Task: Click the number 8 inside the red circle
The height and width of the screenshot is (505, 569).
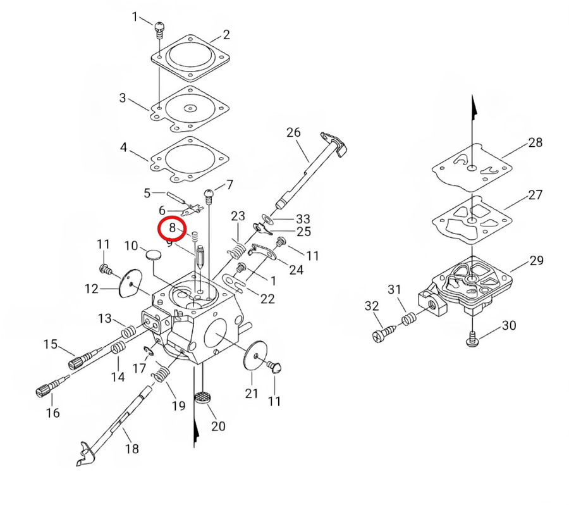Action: tap(173, 228)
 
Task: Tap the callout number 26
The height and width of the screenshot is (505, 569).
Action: tap(293, 132)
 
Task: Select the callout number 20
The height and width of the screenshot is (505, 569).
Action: tap(218, 426)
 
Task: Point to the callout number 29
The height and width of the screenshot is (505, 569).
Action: tap(536, 261)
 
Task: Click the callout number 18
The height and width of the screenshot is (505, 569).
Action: tap(132, 449)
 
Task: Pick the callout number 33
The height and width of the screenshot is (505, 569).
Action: tap(303, 219)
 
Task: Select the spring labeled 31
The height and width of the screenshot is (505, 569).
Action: tap(409, 318)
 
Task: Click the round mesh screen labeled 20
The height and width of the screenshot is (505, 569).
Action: tap(204, 397)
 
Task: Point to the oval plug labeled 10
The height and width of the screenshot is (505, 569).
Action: tap(153, 254)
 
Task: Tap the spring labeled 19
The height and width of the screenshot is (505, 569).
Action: tap(161, 374)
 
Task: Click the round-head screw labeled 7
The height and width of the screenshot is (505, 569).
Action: tap(210, 196)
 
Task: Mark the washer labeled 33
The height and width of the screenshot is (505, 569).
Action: tap(268, 219)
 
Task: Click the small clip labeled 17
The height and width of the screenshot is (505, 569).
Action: tap(149, 350)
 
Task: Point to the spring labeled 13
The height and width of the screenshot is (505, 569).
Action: tap(128, 332)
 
